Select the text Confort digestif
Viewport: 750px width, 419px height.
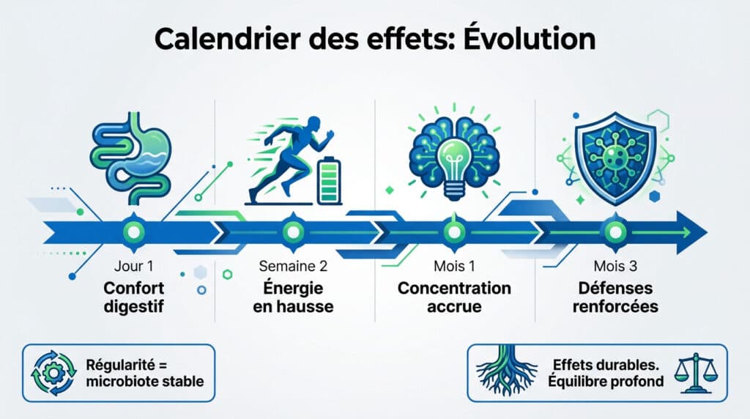(133, 297)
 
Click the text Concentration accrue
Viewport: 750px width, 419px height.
(454, 297)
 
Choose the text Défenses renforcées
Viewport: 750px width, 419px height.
(614, 297)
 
